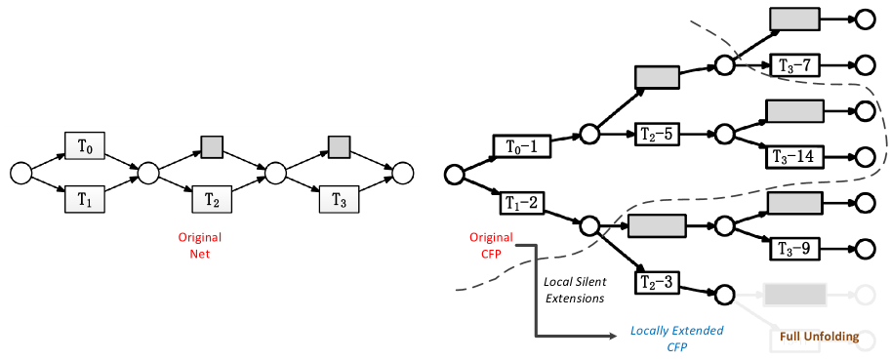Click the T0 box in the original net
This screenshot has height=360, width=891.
[85, 147]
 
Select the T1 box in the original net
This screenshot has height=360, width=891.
[85, 199]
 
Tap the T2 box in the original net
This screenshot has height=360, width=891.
[212, 199]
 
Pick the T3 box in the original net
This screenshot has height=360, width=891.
[339, 199]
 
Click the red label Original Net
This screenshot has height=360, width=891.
[199, 245]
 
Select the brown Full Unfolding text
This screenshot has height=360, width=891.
[820, 337]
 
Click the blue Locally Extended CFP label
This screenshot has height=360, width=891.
[664, 339]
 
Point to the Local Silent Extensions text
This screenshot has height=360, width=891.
[574, 290]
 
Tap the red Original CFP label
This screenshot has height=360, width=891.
[491, 245]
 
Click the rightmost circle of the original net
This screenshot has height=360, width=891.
[402, 174]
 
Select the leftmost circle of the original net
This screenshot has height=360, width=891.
[20, 174]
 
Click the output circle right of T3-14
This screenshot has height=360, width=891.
[864, 156]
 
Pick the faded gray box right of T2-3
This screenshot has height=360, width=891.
[795, 294]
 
